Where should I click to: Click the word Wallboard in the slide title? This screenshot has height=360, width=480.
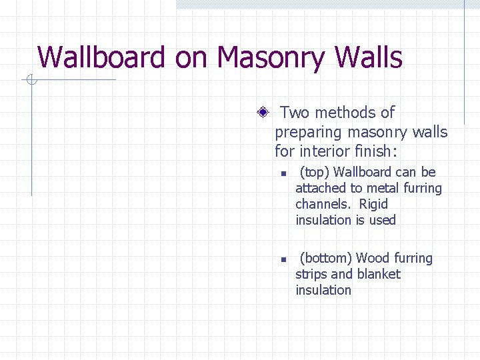pyautogui.click(x=101, y=57)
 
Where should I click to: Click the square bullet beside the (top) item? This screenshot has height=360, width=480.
pyautogui.click(x=283, y=173)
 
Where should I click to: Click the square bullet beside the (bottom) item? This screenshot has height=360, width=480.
pyautogui.click(x=283, y=259)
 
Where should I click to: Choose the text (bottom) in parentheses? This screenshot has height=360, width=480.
pyautogui.click(x=326, y=259)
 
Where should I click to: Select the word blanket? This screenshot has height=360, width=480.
pyautogui.click(x=379, y=274)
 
